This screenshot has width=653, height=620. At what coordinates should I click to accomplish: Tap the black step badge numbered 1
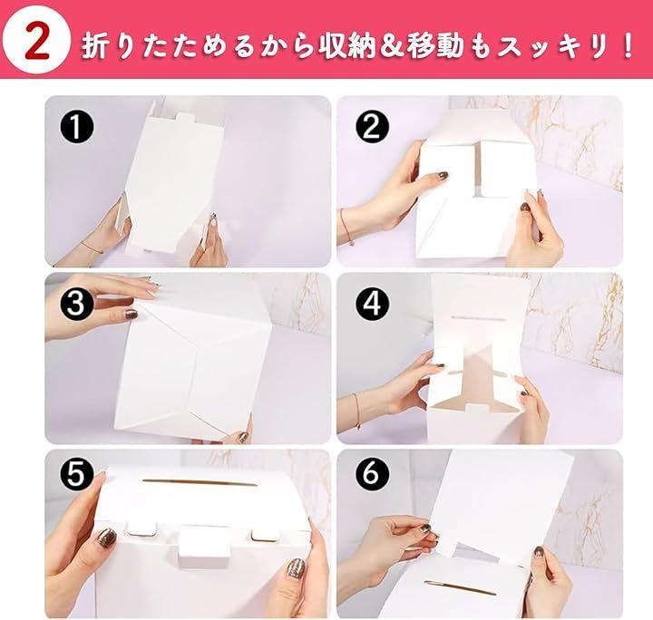[76, 127]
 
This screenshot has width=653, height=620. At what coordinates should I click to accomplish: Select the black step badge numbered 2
[373, 127]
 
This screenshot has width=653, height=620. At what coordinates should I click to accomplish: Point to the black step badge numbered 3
[76, 304]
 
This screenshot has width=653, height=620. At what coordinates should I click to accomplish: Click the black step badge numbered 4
[373, 304]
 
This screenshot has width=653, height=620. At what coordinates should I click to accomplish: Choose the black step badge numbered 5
[76, 474]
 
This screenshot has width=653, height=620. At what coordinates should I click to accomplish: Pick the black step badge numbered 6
[373, 474]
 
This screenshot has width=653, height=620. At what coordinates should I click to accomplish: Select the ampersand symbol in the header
[392, 45]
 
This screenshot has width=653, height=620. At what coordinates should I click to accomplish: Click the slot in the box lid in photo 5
[199, 483]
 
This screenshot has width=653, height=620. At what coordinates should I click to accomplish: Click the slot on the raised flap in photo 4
[478, 318]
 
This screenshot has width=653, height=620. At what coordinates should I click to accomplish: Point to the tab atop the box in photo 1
[186, 117]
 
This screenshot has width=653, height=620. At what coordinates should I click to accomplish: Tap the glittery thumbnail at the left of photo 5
[106, 539]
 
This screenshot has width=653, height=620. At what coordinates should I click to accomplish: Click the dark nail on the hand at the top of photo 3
[132, 315]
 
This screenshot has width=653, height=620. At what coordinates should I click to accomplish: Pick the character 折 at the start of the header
[95, 45]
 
